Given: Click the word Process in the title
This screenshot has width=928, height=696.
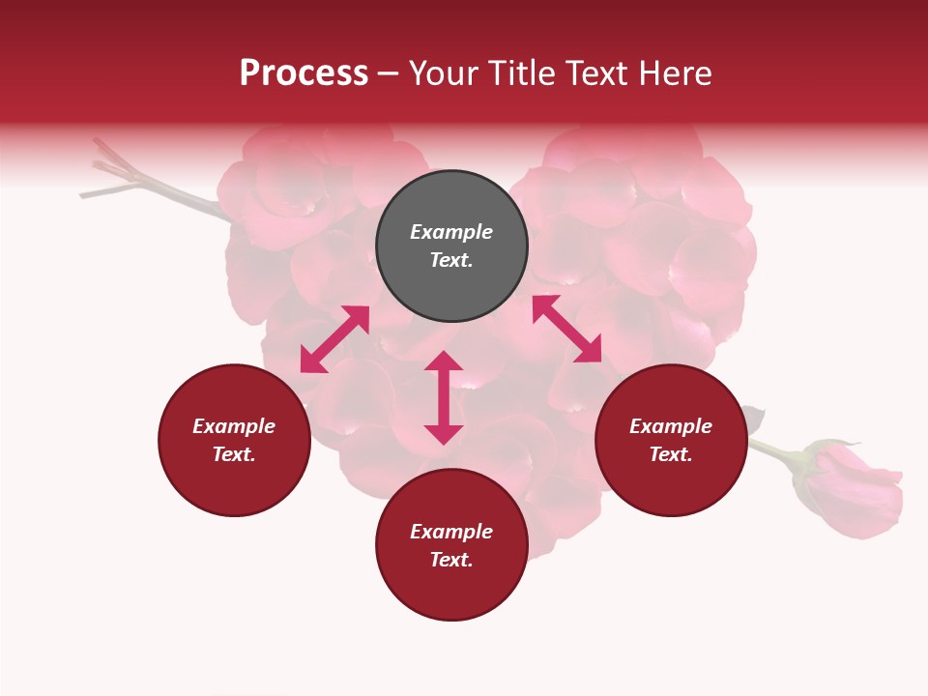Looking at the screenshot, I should point(304,73).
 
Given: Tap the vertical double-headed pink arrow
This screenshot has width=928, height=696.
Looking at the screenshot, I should point(444,397).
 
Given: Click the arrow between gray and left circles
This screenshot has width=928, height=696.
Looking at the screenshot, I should point(334,339).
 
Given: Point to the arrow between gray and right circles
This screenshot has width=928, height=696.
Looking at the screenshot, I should point(566,329).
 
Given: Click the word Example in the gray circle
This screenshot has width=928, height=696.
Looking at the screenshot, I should point(451,232).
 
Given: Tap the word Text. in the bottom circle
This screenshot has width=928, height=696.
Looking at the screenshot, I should point(451,560).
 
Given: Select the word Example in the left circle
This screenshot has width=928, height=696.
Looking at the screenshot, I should point(234,426).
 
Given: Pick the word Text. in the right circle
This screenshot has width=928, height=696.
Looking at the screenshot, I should point(671,454).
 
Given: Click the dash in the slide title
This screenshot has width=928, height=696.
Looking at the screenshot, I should point(389,73).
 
